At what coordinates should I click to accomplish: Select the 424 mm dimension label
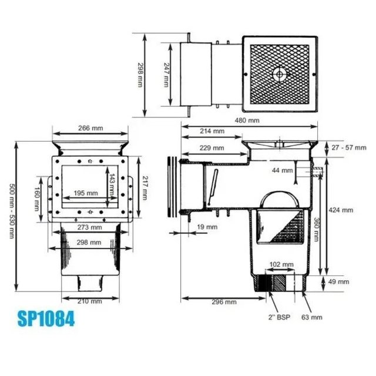341,209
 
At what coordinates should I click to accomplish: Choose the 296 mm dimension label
224,301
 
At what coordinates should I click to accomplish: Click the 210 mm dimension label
90,301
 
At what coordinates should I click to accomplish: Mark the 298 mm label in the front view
90,241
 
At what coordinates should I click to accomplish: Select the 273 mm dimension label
90,227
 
